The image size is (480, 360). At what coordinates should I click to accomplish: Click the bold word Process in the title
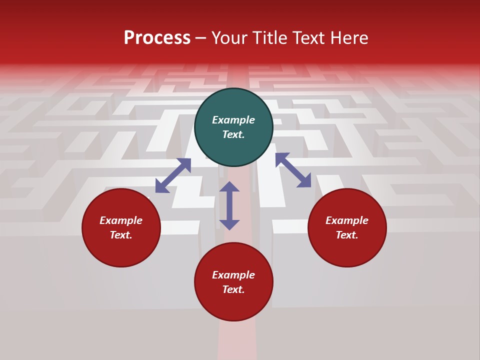[157, 38]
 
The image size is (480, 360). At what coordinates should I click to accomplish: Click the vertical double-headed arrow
[229, 205]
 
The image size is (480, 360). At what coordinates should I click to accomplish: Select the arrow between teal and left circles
[173, 175]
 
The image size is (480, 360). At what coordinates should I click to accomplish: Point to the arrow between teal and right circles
[293, 170]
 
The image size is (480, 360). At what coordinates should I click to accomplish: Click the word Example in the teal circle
[233, 120]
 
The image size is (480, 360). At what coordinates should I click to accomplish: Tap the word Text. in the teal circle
[233, 134]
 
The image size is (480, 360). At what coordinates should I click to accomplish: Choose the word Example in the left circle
[121, 220]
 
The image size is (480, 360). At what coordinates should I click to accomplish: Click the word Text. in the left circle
[121, 235]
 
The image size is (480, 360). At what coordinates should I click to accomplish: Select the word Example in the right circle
[347, 220]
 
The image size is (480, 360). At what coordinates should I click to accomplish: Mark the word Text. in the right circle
[347, 235]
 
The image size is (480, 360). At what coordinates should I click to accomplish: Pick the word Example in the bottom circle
[233, 275]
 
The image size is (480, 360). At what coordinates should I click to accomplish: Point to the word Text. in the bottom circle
[233, 289]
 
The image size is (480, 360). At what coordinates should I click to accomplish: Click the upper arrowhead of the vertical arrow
[229, 187]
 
